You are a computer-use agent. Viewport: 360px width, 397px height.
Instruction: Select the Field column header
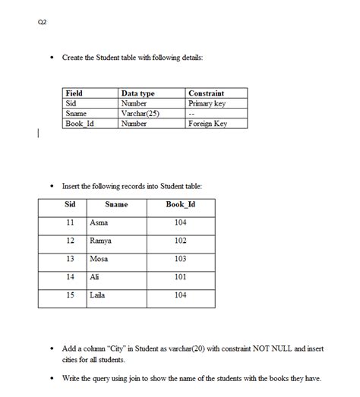74,93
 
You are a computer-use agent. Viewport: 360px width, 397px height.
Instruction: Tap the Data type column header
137,93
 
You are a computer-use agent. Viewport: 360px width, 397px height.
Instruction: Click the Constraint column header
206,93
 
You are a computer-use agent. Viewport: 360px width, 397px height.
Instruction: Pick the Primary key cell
207,103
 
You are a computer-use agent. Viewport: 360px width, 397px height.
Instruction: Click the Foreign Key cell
207,123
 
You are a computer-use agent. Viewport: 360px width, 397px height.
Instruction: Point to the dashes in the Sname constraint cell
193,113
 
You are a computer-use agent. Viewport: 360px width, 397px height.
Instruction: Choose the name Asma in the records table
99,222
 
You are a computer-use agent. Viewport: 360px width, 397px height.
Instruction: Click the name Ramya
101,241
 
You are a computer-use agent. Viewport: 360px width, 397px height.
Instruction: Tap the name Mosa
99,259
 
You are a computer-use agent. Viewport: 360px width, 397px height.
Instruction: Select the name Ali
94,277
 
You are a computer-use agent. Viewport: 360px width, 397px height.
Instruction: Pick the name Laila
97,295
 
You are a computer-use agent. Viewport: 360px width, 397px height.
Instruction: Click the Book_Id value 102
180,241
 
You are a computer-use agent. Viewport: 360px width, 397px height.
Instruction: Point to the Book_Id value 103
180,259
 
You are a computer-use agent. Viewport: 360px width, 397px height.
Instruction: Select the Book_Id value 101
180,277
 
